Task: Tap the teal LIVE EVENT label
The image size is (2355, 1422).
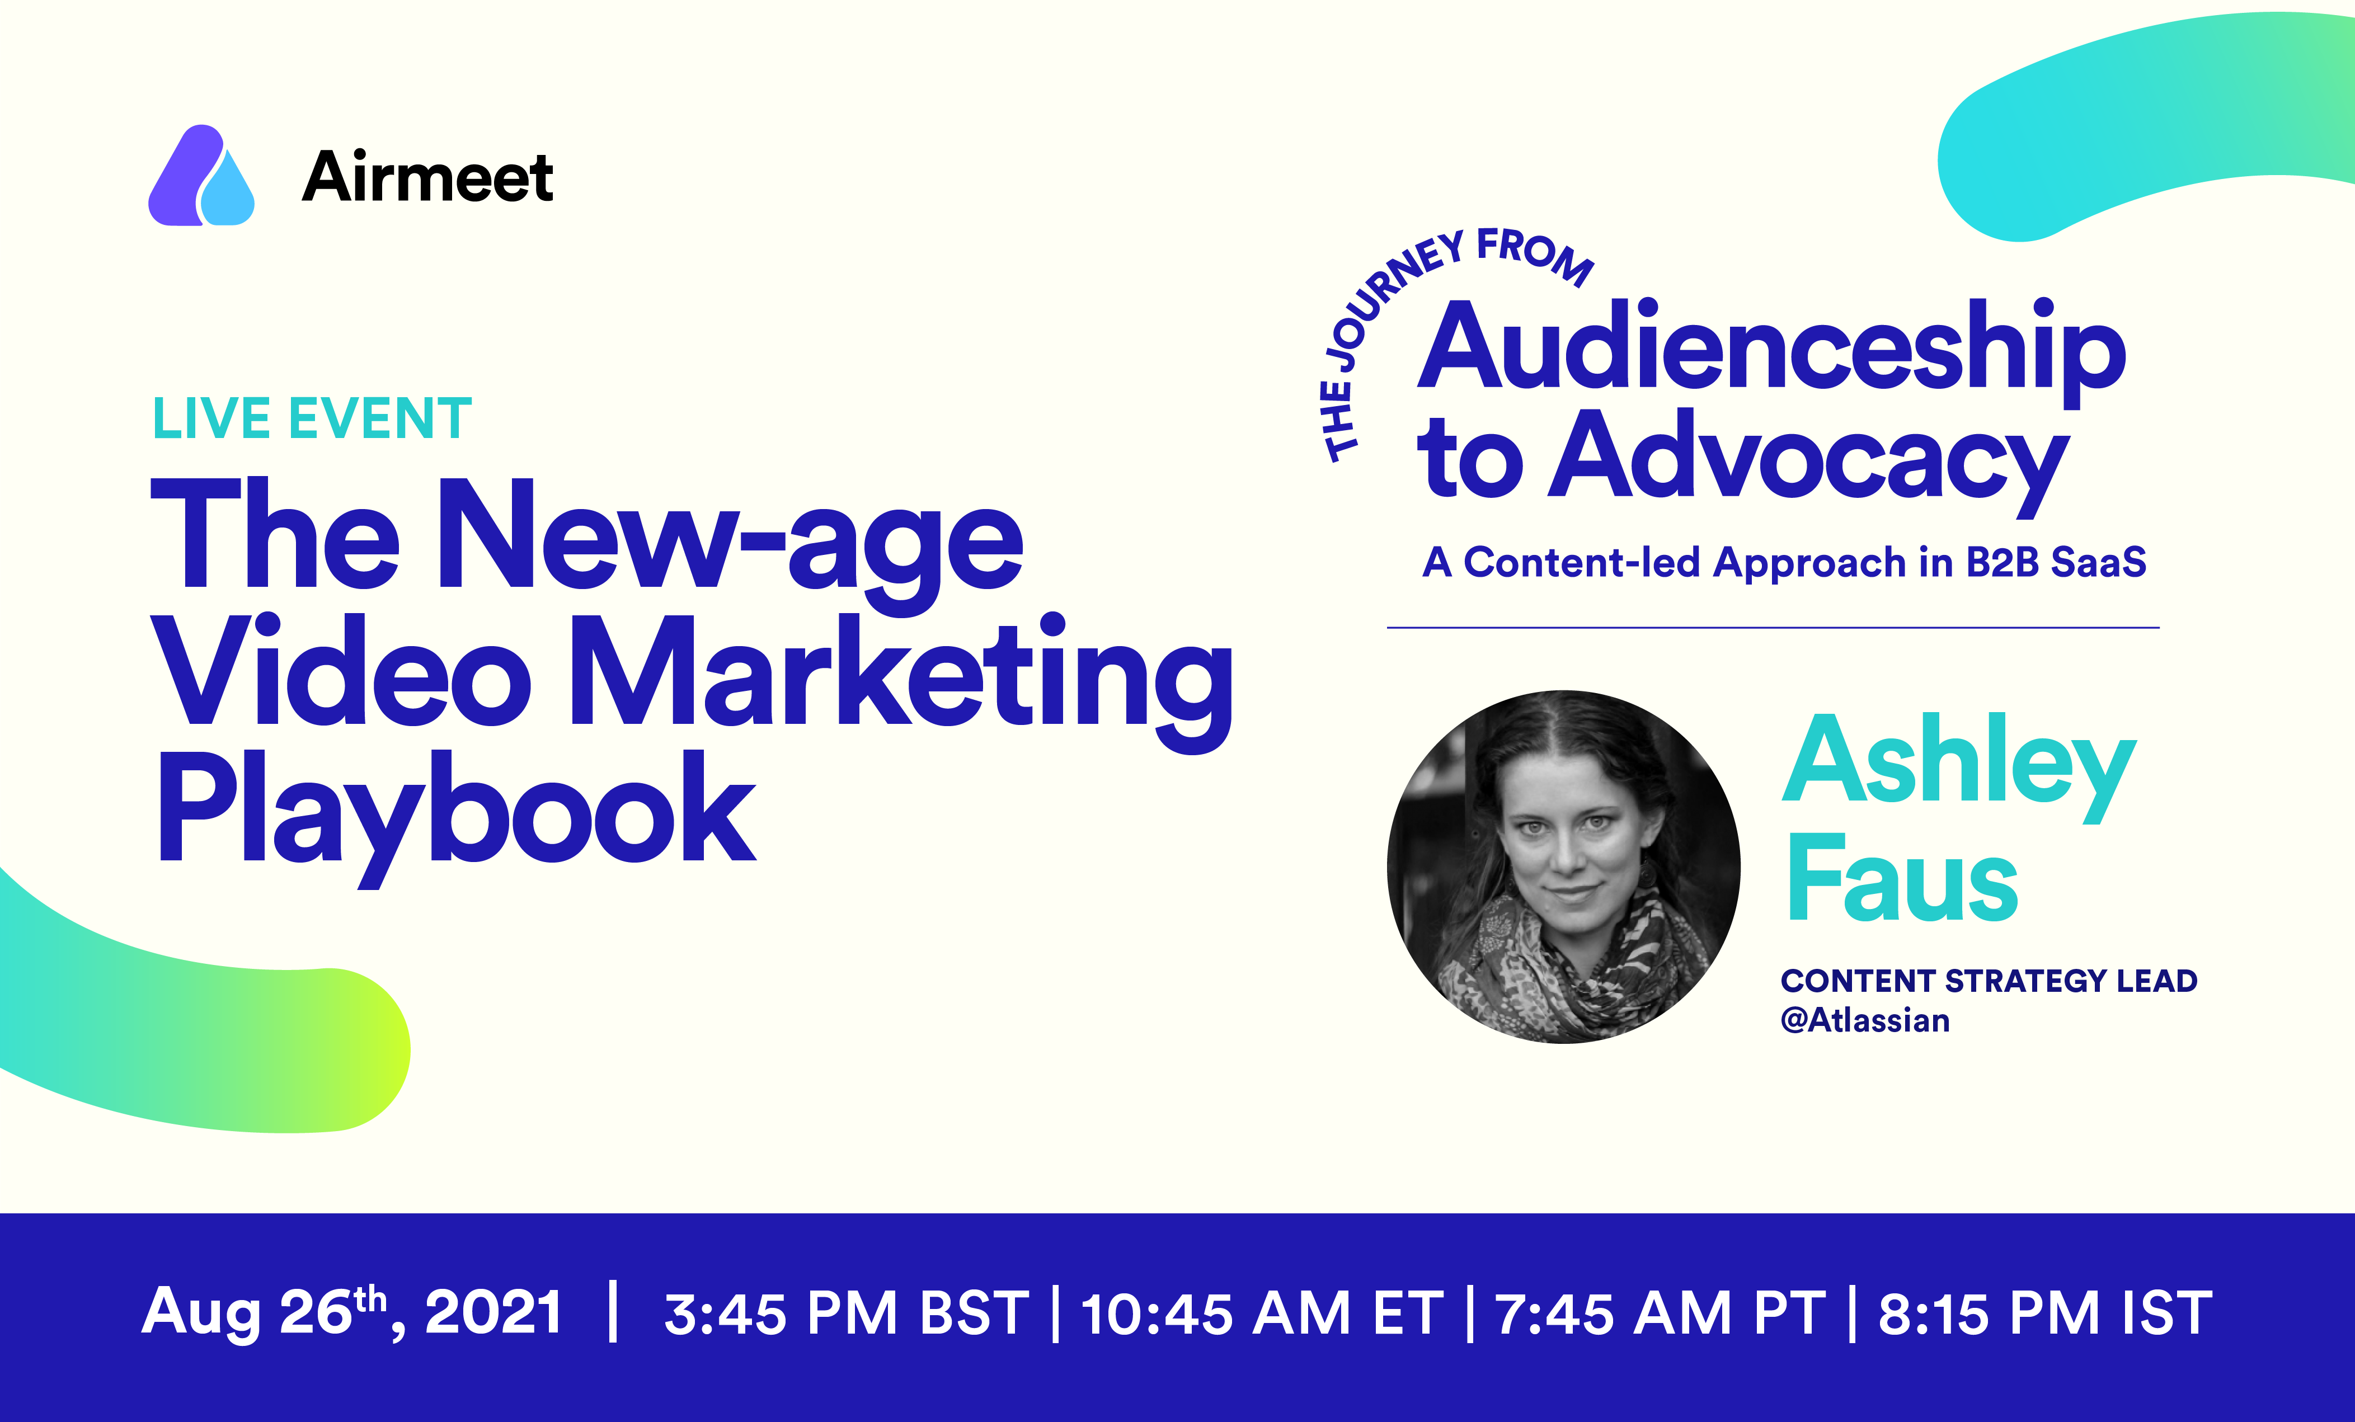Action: [x=312, y=418]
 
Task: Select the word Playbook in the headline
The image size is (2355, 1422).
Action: [x=456, y=818]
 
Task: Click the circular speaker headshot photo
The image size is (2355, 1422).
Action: [x=1564, y=867]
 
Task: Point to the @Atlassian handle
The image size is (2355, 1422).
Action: [x=1865, y=1020]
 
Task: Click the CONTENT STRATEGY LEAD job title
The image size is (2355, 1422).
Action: [x=1989, y=981]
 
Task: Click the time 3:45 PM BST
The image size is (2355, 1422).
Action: [x=847, y=1313]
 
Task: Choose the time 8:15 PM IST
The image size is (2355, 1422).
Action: [x=2046, y=1313]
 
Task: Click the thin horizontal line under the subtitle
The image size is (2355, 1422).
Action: [x=1773, y=628]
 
